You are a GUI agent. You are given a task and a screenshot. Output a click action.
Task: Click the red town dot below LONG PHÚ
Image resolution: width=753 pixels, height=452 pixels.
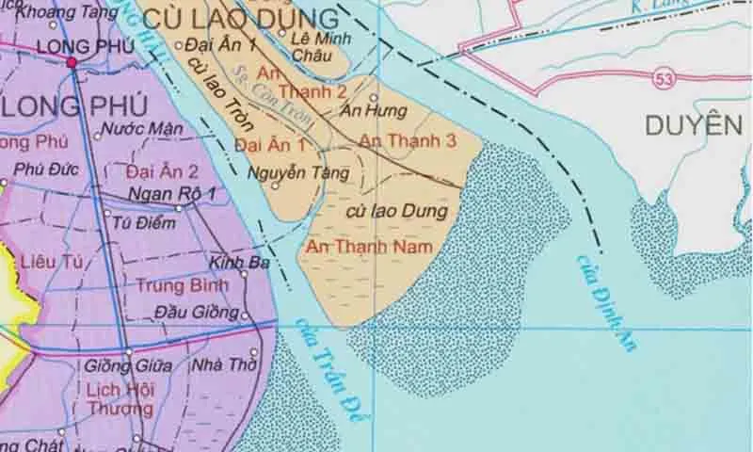(72, 62)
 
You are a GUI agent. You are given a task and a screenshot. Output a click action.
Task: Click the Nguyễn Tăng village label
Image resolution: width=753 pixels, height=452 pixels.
(298, 172)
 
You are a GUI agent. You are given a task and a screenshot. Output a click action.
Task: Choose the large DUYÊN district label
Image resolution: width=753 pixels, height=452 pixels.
(694, 125)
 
